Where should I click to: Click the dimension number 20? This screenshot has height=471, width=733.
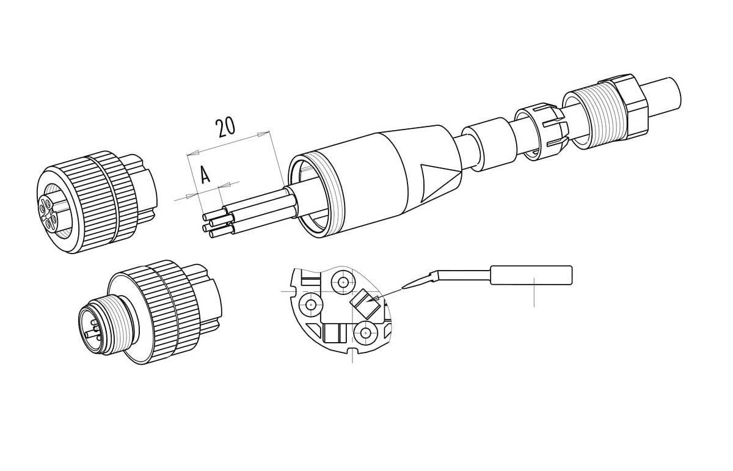[225, 128]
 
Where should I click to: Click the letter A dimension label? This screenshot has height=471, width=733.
[205, 175]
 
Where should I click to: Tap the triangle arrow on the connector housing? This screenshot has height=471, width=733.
[441, 183]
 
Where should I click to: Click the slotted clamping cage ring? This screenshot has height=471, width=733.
[539, 132]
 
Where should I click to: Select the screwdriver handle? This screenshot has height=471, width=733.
[531, 275]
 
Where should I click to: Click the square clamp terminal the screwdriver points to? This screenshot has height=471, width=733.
[365, 304]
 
